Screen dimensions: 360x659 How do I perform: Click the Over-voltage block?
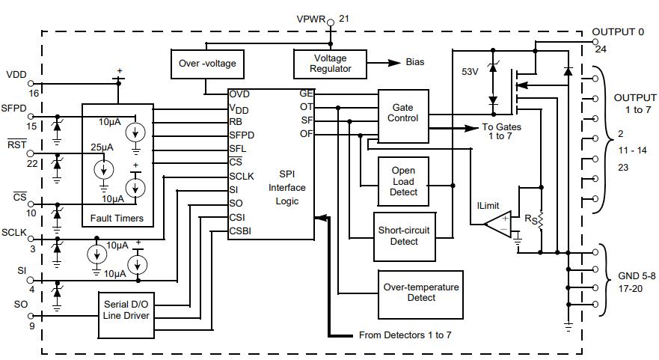[207, 64]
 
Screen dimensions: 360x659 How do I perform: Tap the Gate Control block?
[402, 113]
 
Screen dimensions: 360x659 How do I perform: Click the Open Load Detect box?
[403, 181]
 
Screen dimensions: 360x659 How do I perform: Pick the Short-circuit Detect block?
[404, 235]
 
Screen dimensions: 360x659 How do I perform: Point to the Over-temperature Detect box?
[420, 292]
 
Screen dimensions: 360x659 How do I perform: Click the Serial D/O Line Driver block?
[126, 310]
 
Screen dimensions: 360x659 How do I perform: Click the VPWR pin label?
[311, 19]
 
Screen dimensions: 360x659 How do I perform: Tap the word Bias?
[415, 62]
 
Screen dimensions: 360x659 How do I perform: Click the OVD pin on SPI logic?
[239, 94]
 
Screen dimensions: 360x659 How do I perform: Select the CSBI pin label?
[240, 231]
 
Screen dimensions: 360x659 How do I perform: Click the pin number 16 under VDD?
[33, 94]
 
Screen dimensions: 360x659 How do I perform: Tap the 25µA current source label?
[102, 148]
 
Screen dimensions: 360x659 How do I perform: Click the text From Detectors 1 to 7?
[405, 335]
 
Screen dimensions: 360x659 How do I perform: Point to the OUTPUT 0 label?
[618, 32]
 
